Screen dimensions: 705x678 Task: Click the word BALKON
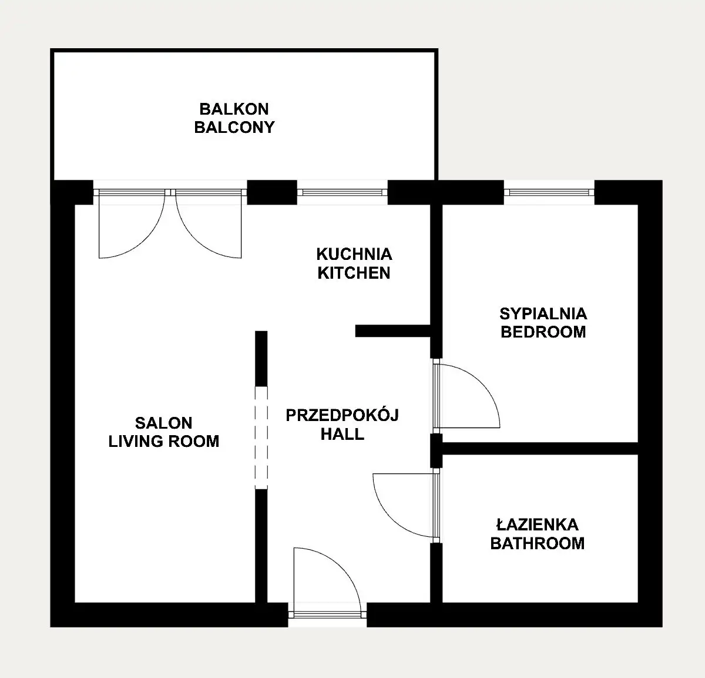(234, 109)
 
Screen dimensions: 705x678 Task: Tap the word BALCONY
(234, 127)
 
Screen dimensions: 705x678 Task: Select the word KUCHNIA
(354, 254)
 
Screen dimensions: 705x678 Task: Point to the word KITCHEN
(354, 273)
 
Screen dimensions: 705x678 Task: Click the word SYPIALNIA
(543, 313)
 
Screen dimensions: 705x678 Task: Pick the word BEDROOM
(543, 332)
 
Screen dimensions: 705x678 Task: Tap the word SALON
(164, 423)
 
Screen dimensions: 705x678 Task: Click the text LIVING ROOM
(164, 441)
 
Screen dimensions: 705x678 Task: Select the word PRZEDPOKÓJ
(343, 415)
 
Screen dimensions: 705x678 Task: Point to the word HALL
(343, 434)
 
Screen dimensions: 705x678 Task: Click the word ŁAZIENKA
(538, 525)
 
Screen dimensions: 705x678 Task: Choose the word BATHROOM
(538, 543)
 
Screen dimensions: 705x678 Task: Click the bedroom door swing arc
(482, 383)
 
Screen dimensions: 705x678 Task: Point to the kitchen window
(343, 192)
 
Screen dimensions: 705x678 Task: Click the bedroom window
(549, 192)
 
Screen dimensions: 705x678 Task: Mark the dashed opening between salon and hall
(261, 437)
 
